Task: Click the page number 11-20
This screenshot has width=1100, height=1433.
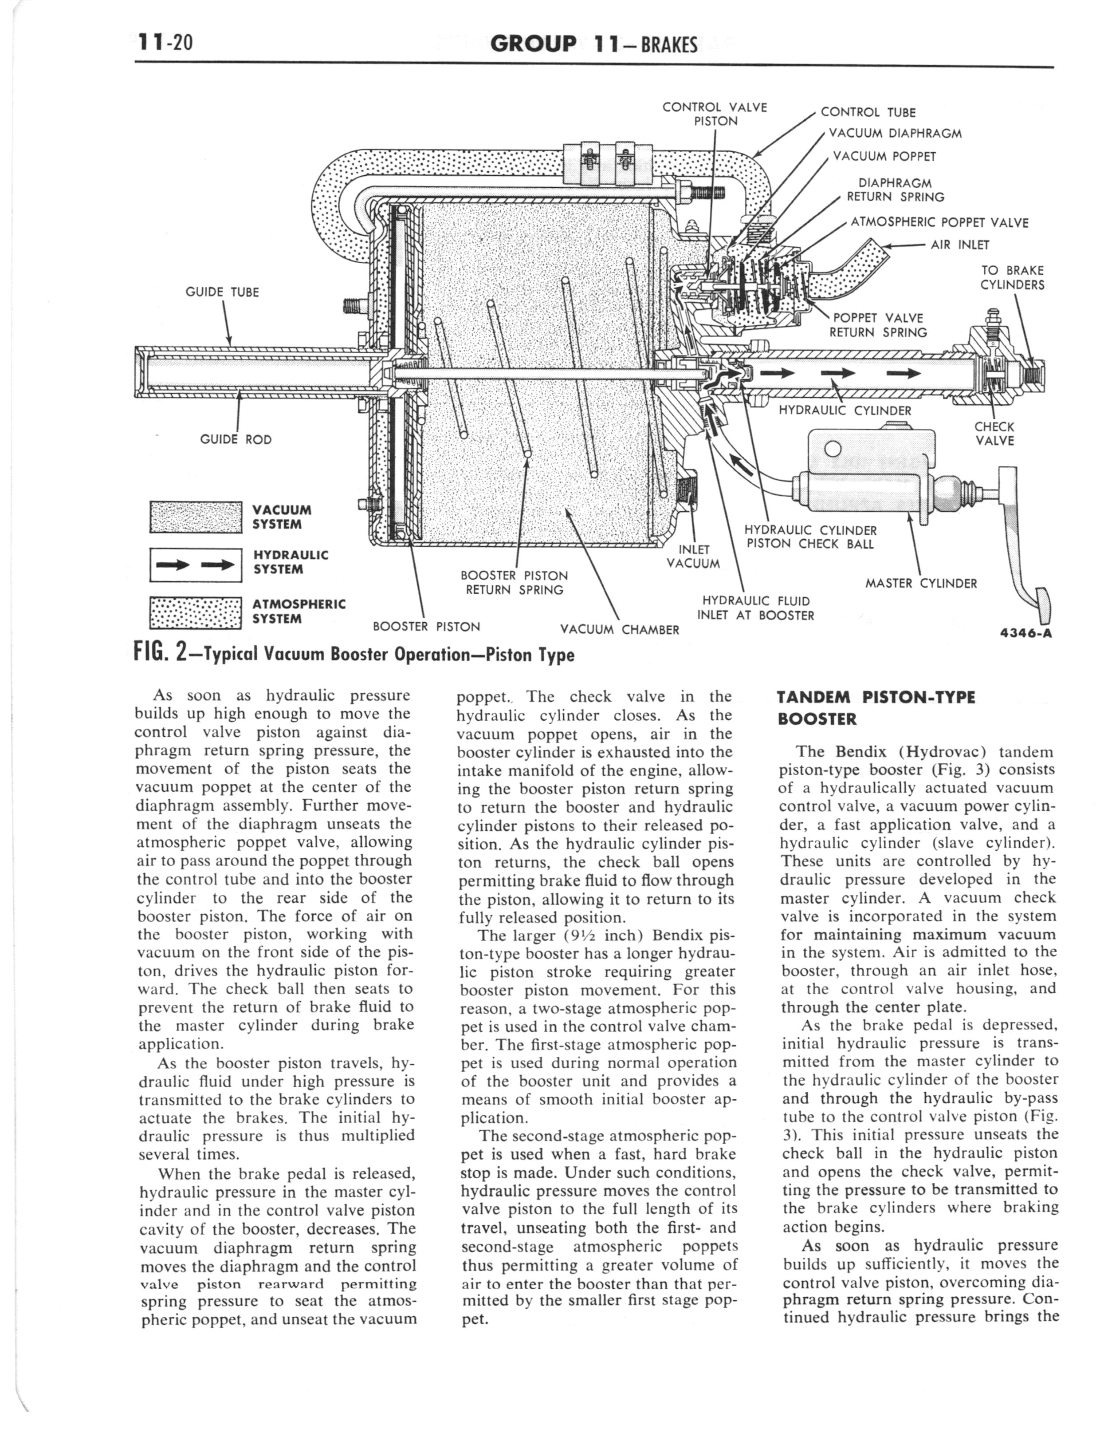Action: click(x=165, y=43)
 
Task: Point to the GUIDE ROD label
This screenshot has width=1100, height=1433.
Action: click(x=235, y=439)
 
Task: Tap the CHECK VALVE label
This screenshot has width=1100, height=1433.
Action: click(x=994, y=434)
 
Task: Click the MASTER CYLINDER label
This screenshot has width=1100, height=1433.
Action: click(x=921, y=583)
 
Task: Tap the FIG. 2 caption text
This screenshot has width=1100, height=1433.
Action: click(x=354, y=654)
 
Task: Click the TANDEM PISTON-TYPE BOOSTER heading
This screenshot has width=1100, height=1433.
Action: click(x=876, y=708)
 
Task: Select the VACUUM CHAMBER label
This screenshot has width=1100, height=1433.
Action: click(x=619, y=629)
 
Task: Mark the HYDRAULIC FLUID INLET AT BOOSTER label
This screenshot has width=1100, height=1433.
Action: click(x=756, y=608)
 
